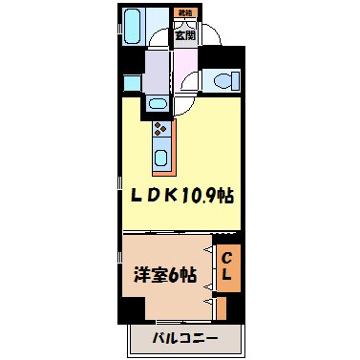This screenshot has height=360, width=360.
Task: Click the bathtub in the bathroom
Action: [134, 26]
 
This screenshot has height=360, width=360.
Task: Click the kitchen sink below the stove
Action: [160, 155]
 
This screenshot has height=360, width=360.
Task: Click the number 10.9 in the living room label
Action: [201, 197]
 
